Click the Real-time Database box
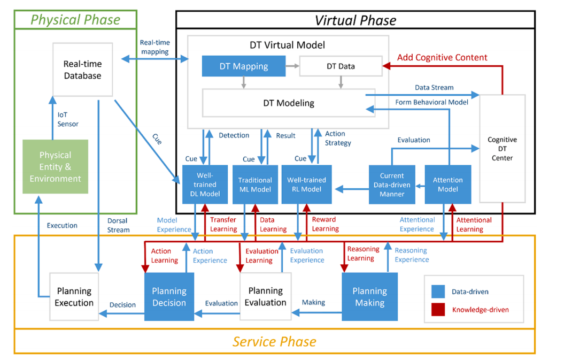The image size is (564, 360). [82, 70]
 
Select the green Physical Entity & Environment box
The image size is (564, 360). [56, 166]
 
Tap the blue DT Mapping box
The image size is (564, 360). [243, 66]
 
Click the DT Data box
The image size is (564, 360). [341, 66]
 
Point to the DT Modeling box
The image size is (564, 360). [289, 103]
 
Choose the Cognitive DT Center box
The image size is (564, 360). [502, 149]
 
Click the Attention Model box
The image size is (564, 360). [447, 185]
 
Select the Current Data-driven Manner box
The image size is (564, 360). [392, 185]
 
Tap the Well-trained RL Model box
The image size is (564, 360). [306, 185]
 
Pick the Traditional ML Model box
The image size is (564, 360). [255, 185]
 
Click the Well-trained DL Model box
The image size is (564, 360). [205, 185]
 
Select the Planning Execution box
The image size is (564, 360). [74, 297]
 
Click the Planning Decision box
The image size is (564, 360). [169, 297]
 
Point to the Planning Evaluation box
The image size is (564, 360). [266, 297]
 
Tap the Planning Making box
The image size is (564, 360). [369, 297]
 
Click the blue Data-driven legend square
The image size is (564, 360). [438, 292]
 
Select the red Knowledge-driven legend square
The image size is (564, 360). [438, 309]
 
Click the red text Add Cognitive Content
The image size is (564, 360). [442, 57]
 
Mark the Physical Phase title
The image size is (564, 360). [75, 20]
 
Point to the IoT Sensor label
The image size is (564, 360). [68, 119]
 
